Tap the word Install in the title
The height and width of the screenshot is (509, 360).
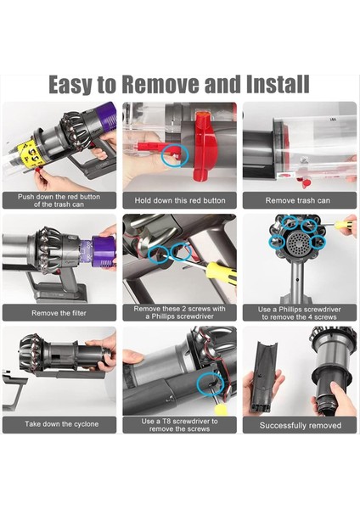273,85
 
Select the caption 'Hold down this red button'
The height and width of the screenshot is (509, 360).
180,201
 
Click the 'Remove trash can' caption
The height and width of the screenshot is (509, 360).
299,201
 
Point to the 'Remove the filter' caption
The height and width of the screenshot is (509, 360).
59,313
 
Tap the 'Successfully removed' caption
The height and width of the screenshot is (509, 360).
299,425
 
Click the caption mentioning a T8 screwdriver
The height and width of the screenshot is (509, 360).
180,424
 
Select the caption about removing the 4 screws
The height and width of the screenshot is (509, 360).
299,313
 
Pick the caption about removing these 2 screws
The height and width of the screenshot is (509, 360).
180,313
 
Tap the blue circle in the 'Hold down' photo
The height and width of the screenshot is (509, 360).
174,154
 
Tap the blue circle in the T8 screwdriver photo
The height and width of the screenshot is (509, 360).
205,386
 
